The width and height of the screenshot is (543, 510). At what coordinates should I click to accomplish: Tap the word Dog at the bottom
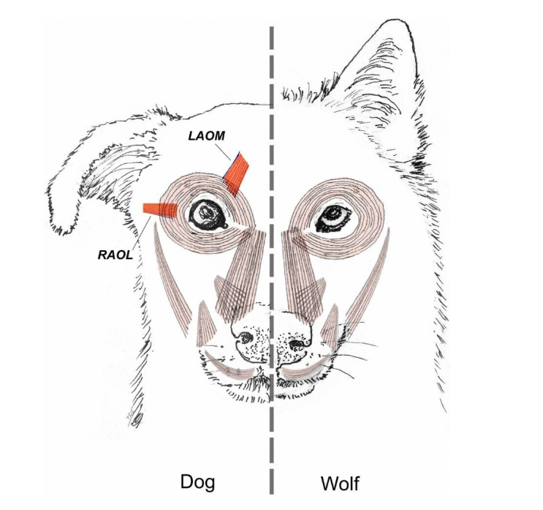[x=202, y=482]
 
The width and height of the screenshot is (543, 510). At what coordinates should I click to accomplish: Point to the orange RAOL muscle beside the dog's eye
[x=159, y=210]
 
